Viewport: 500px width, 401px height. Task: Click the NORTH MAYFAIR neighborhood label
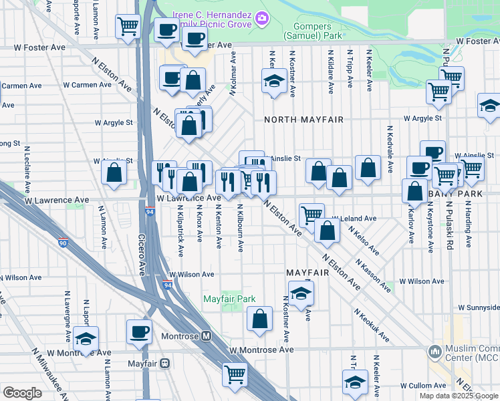[x=303, y=120]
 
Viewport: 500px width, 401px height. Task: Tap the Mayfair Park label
[x=229, y=299]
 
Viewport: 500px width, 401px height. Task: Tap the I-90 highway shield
[x=62, y=245]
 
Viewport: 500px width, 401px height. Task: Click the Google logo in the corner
[x=22, y=392]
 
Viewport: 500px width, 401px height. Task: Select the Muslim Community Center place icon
[x=435, y=350]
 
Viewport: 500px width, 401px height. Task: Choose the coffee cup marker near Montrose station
[x=140, y=331]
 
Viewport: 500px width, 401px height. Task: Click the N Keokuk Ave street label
[x=372, y=325]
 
